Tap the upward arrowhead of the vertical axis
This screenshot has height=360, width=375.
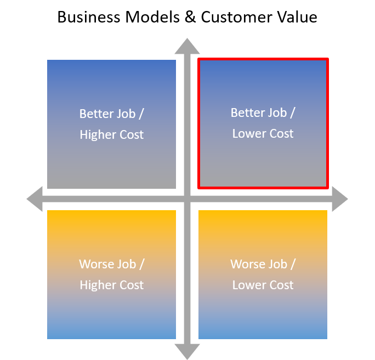click(x=187, y=46)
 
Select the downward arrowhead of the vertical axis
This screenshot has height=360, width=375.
click(x=187, y=352)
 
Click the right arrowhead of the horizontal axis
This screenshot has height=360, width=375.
click(x=339, y=199)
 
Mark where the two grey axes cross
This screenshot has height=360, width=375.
click(x=187, y=199)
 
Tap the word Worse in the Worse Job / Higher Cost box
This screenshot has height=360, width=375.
click(x=93, y=265)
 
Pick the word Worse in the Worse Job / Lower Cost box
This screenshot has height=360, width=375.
click(x=244, y=265)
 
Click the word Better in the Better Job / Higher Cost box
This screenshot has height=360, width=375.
click(x=94, y=114)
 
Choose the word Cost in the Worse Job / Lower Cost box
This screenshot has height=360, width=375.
click(x=281, y=285)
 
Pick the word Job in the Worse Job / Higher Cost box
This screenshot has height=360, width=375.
click(x=126, y=265)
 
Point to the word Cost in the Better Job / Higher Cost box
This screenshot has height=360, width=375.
click(x=130, y=135)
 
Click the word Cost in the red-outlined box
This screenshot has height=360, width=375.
click(x=281, y=134)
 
